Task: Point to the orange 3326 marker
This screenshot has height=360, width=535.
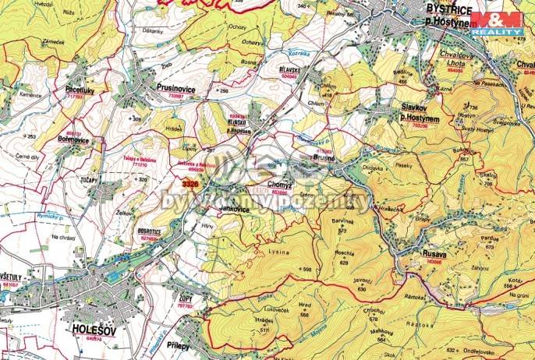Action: [189, 183]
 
